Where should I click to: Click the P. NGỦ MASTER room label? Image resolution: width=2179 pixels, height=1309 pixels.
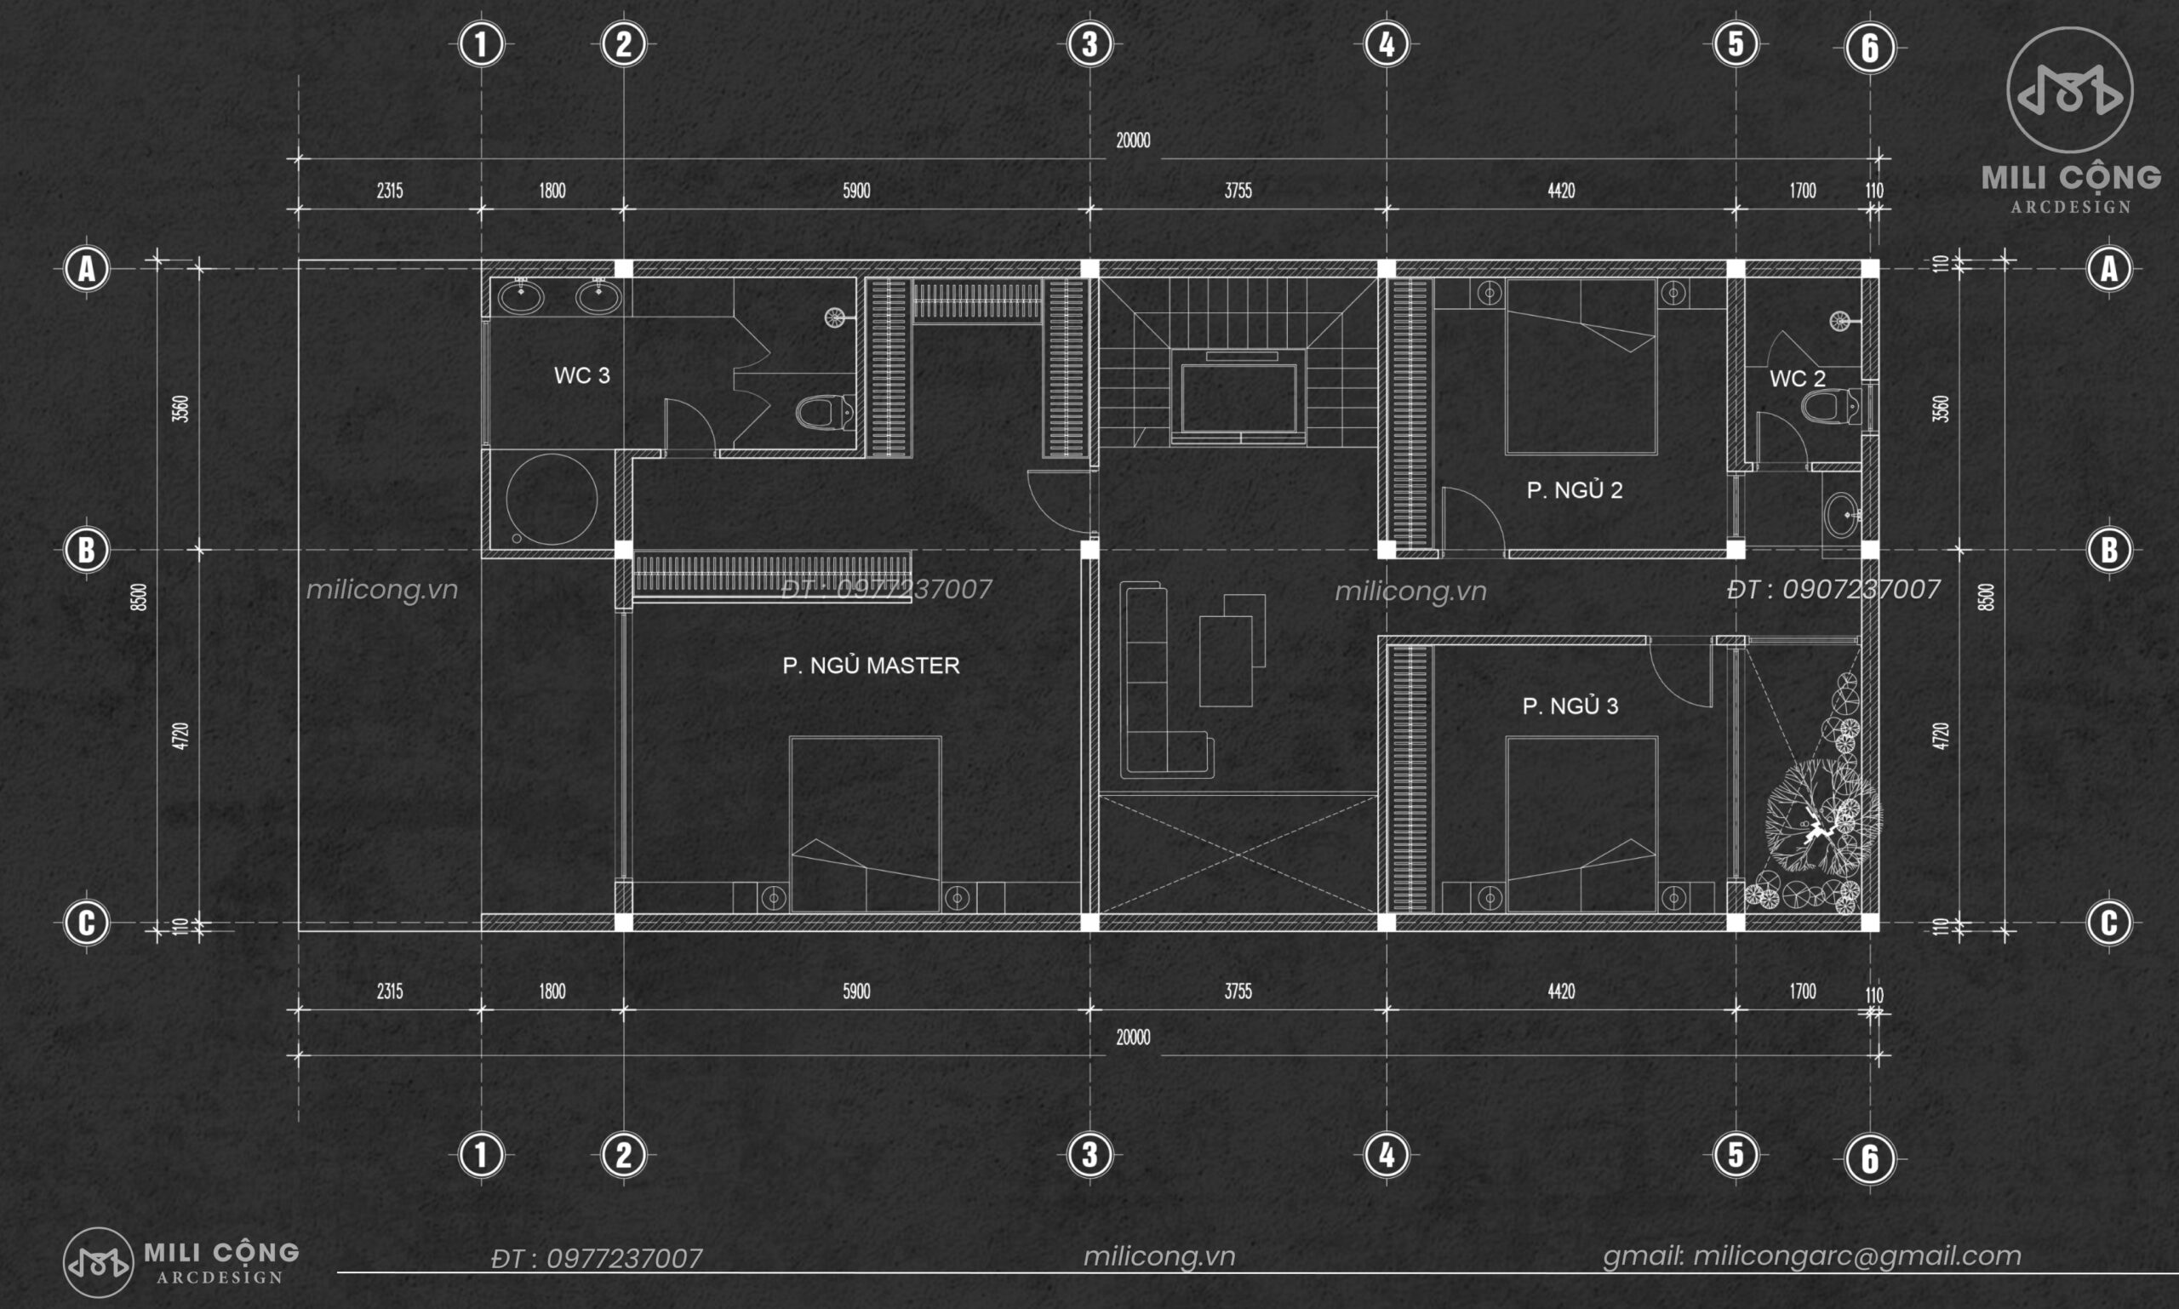pos(871,665)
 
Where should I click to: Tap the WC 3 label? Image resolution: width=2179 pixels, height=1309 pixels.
pos(581,376)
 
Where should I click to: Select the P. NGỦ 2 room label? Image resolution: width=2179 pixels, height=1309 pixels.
pos(1575,490)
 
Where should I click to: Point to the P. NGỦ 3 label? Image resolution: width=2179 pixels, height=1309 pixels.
pos(1570,706)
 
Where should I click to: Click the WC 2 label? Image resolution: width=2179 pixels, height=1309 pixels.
pos(1797,379)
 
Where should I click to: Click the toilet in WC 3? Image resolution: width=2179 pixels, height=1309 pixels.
pos(826,412)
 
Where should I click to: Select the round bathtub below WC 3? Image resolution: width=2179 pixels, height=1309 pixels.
pos(552,500)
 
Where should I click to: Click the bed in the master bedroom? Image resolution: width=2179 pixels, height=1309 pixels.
pos(866,824)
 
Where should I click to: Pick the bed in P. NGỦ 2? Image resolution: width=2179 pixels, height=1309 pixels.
pos(1581,367)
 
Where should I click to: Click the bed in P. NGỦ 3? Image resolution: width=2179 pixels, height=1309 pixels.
pos(1581,824)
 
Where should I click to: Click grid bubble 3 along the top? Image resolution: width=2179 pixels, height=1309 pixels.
pos(1089,44)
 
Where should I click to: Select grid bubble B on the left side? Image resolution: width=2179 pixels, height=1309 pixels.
pos(87,550)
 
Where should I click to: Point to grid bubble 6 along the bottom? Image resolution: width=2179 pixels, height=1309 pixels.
pos(1869,1158)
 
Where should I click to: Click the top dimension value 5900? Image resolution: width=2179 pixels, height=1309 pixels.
pos(856,191)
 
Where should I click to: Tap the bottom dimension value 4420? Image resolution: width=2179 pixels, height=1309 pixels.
pos(1560,992)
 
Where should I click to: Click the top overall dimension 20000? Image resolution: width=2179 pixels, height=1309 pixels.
pos(1133,140)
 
